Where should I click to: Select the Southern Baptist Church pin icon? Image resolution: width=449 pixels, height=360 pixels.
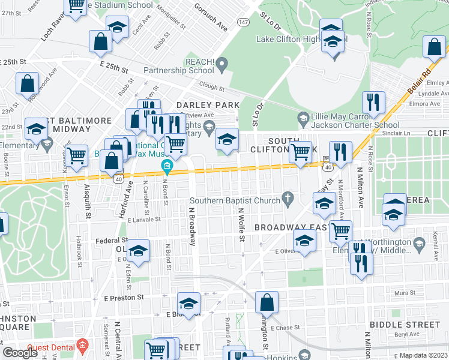[288, 197]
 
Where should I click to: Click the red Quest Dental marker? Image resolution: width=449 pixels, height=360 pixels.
[82, 346]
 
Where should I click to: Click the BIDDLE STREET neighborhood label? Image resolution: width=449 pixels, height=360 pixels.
[405, 324]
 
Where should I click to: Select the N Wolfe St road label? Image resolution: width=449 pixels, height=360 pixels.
[241, 224]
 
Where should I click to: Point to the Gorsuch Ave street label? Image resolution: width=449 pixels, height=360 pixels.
[210, 18]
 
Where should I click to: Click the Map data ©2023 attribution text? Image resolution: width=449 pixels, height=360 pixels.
[423, 355]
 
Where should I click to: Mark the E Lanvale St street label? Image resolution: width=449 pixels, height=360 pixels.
[145, 220]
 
